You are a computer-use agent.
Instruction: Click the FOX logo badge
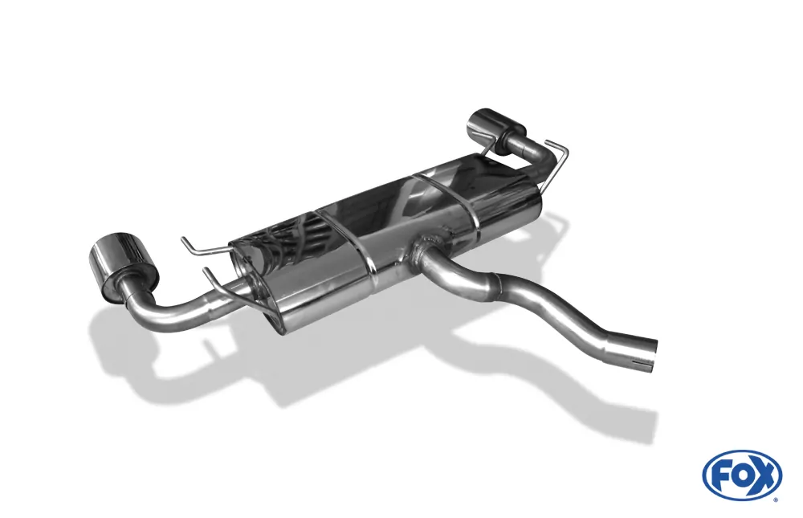coord(742,475)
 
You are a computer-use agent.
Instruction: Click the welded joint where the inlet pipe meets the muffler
coord(426,251)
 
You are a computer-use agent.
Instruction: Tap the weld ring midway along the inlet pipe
coord(496,283)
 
